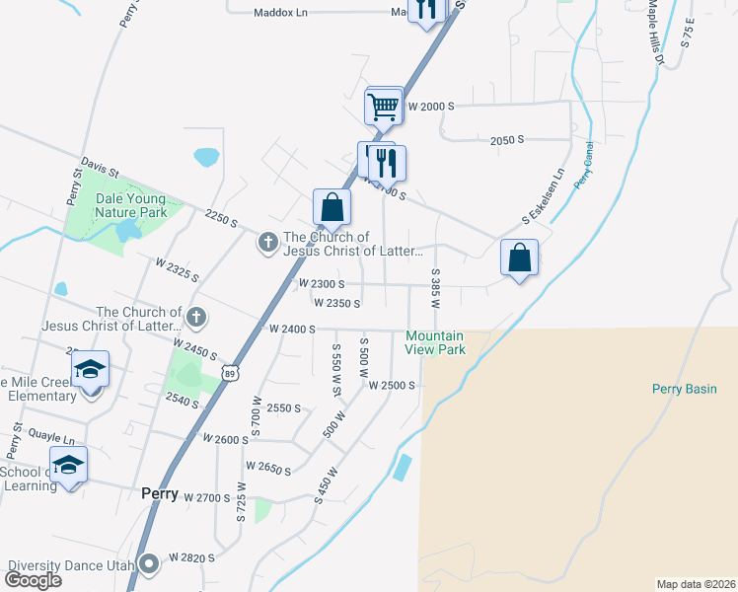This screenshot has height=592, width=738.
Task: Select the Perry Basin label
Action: click(x=684, y=389)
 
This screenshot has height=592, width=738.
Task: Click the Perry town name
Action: click(x=159, y=494)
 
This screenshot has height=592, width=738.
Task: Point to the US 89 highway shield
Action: click(x=230, y=372)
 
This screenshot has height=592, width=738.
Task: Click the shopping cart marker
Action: click(x=383, y=106)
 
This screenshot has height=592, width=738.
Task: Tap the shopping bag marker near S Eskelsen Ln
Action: click(x=519, y=259)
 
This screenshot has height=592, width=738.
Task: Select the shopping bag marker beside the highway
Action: click(x=332, y=207)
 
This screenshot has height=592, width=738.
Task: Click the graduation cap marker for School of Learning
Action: click(x=68, y=465)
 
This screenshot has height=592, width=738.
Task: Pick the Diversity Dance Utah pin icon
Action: click(x=149, y=565)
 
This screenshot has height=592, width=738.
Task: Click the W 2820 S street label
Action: click(x=191, y=557)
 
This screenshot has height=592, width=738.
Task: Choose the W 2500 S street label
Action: click(x=393, y=385)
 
